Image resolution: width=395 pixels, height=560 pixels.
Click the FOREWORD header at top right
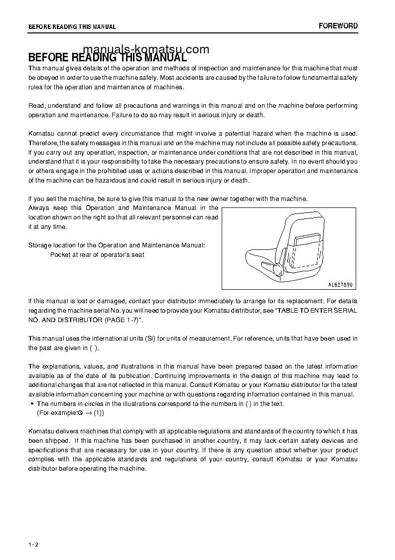(x=338, y=26)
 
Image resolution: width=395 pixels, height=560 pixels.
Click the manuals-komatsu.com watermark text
(x=146, y=49)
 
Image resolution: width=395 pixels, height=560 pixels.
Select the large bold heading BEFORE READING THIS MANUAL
(x=107, y=57)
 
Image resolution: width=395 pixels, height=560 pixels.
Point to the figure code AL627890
(x=340, y=284)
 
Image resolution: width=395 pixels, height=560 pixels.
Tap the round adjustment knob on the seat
(x=277, y=270)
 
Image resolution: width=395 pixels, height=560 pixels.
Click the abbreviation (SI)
(x=151, y=339)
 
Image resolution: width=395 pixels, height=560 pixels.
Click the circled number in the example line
(x=80, y=413)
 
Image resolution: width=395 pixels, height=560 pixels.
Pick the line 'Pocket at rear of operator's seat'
(x=97, y=254)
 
